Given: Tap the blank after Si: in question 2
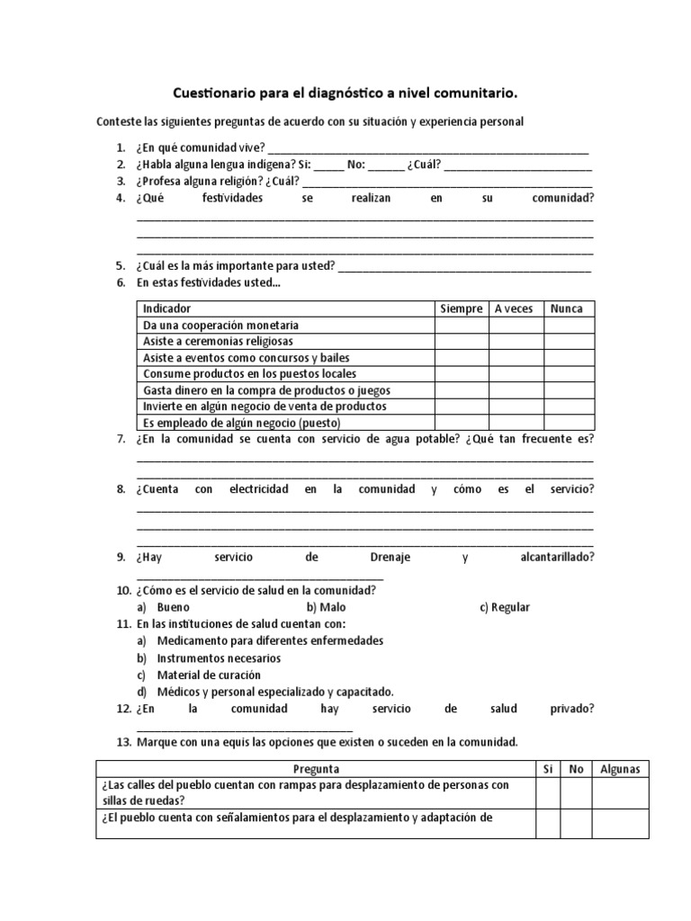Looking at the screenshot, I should tap(328, 165).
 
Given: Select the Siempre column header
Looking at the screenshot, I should tap(462, 308).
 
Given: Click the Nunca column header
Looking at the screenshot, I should tap(566, 308).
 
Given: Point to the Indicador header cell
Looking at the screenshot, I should tap(167, 308).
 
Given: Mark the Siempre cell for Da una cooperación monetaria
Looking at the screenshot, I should tap(462, 325).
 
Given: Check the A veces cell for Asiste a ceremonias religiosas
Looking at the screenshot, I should tap(516, 341).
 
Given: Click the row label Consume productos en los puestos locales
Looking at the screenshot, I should tap(249, 373).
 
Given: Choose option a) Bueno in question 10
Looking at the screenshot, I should tap(173, 607).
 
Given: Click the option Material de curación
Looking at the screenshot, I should tap(208, 675).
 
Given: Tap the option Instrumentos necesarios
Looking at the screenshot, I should tap(219, 658).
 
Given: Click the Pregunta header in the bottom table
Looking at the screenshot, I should tap(316, 769).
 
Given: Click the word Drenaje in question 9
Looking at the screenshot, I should tap(390, 558).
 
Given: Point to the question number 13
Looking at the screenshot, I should tap(124, 742).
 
